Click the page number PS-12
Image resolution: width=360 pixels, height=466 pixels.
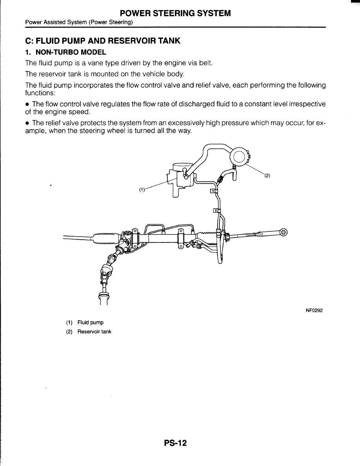175,443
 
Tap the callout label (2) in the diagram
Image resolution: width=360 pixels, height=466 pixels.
267,175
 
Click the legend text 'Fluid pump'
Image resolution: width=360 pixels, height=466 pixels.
91,322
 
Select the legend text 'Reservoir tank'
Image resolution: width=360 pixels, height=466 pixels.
94,331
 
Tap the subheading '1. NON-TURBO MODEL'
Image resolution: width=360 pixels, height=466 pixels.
65,52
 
